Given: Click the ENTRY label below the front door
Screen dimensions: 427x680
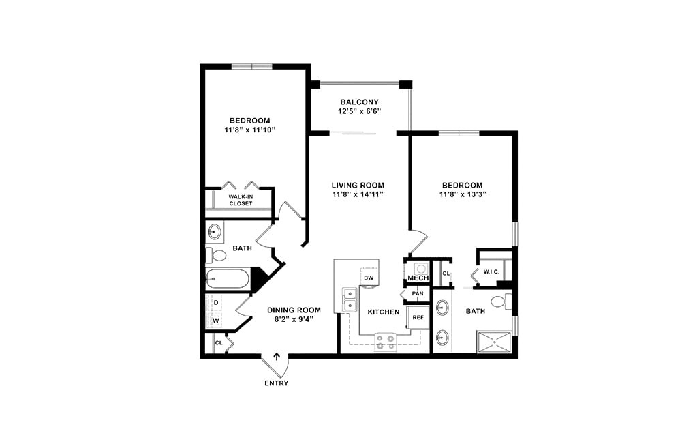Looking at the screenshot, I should (x=276, y=383).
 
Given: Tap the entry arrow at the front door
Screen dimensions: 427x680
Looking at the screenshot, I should (x=277, y=356).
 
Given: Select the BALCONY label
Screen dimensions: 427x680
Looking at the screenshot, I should (x=360, y=102).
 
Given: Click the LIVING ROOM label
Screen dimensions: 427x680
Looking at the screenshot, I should (x=358, y=185).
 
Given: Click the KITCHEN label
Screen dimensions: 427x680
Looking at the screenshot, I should (x=384, y=312).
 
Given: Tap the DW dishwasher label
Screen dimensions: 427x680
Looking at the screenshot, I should (x=369, y=278).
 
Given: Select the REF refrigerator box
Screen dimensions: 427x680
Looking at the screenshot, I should (x=418, y=318).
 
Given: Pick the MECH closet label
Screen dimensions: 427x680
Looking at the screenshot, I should (x=418, y=278).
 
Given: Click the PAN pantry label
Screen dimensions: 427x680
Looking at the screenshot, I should (x=417, y=294).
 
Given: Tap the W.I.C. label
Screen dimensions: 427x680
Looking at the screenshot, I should (x=491, y=271).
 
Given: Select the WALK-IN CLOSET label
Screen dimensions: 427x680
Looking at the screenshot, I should (x=241, y=200).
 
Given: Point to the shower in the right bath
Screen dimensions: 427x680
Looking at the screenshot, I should (x=494, y=341).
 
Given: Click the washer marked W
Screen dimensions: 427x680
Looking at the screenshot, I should (x=216, y=321).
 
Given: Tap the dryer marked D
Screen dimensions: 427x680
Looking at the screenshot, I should (x=216, y=302).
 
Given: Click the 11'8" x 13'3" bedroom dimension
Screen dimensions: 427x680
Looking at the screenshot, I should (x=462, y=194).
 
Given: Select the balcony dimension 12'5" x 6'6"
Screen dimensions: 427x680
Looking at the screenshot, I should (x=360, y=111).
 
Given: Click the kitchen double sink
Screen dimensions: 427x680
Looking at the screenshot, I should (x=350, y=299).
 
